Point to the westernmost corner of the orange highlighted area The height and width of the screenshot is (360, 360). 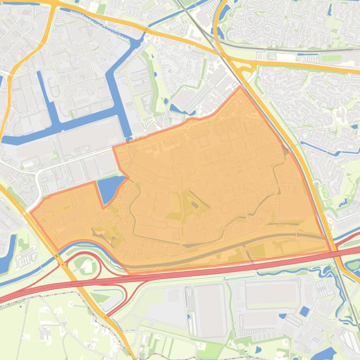point(31,213)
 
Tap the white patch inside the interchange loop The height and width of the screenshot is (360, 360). point(87,267)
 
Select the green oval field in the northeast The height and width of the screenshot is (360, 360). point(332,58)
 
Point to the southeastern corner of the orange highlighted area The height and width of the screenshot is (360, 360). point(331,251)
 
